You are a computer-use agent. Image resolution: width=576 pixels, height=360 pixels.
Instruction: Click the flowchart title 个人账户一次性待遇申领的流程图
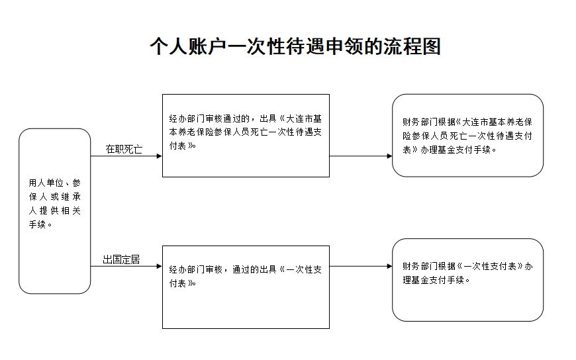click(x=295, y=46)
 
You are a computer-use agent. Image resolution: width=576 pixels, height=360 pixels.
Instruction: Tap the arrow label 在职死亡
click(x=124, y=149)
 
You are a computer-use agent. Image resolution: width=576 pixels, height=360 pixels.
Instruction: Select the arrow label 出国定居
click(x=121, y=259)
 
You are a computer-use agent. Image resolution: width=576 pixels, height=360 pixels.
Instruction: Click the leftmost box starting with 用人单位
click(x=55, y=211)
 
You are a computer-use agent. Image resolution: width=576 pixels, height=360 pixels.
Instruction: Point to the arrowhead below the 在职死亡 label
click(x=159, y=156)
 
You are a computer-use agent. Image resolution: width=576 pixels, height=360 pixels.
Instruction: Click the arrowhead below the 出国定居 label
click(x=159, y=266)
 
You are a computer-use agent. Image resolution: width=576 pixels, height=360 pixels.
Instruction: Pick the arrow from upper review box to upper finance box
click(x=361, y=156)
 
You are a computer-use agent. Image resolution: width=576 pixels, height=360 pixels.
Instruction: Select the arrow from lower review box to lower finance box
click(x=361, y=266)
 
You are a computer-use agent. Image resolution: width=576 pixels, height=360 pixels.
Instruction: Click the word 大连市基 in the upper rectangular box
click(x=304, y=118)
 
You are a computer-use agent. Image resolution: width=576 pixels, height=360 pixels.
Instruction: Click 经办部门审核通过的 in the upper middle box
click(x=209, y=118)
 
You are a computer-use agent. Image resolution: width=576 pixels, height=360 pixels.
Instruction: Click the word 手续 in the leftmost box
click(x=38, y=224)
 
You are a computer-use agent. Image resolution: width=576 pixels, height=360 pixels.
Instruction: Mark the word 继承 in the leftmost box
click(x=72, y=197)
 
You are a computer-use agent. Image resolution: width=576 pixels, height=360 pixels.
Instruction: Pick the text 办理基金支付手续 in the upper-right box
click(x=456, y=150)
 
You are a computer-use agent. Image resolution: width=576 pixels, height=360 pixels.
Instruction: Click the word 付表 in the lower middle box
click(x=178, y=284)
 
